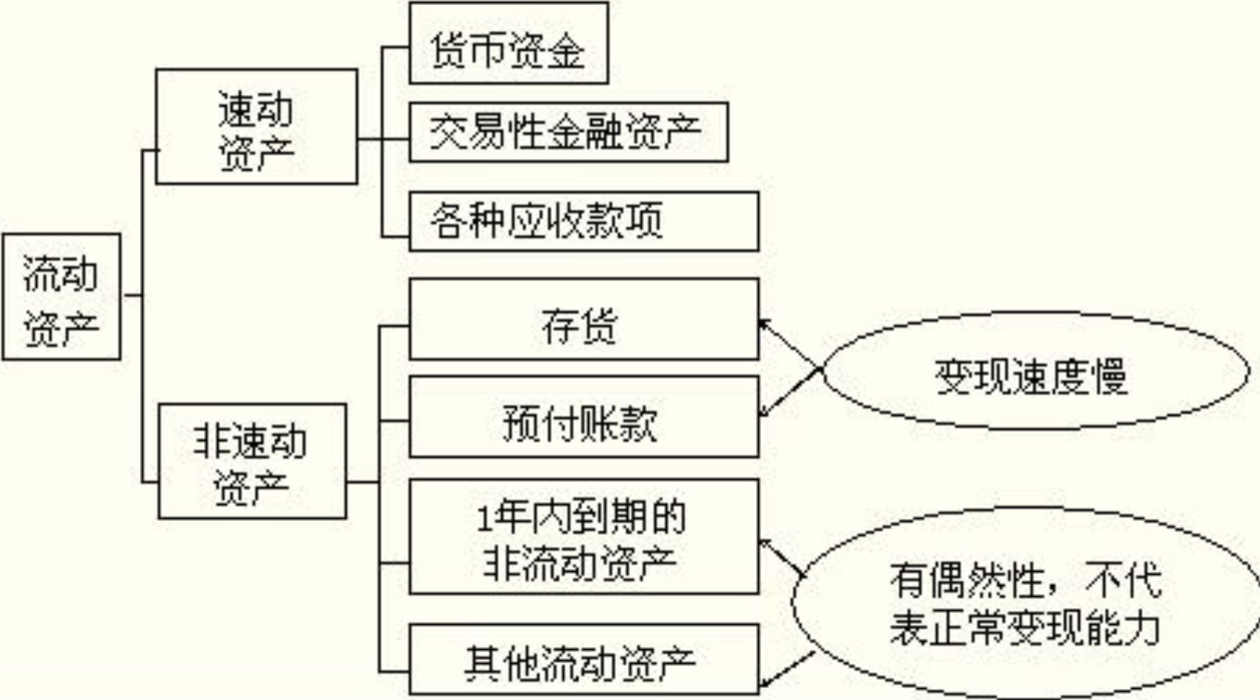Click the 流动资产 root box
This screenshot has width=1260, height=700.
(x=61, y=297)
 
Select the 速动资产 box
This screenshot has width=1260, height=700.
(x=256, y=127)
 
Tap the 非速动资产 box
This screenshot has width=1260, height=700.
(x=252, y=461)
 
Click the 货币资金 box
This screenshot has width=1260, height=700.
(x=508, y=43)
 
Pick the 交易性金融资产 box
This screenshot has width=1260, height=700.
(x=568, y=133)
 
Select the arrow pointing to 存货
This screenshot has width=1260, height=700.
(x=790, y=343)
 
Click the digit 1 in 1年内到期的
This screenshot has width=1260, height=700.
(x=483, y=519)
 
